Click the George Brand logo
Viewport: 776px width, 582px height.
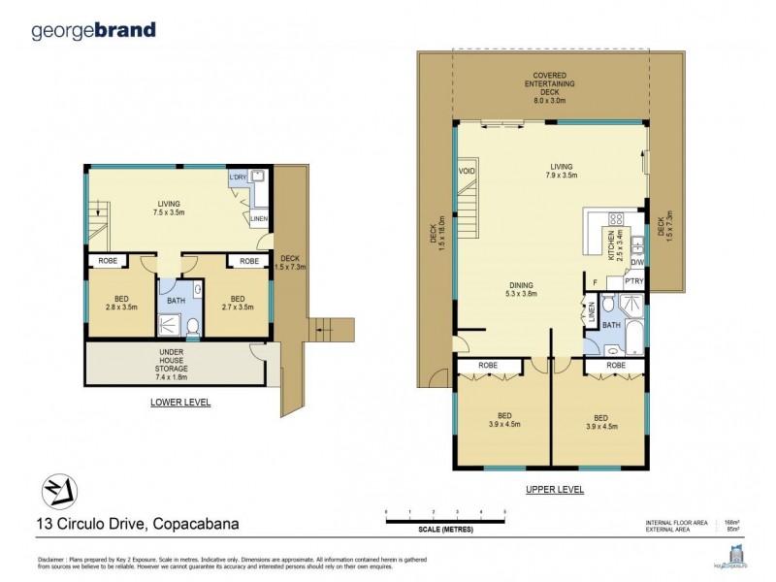pyautogui.click(x=93, y=30)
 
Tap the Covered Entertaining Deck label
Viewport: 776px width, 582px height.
pyautogui.click(x=549, y=87)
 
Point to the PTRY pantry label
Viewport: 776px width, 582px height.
pyautogui.click(x=633, y=281)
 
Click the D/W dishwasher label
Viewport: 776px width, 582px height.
pyautogui.click(x=637, y=261)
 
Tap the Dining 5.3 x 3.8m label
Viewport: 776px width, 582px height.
pyautogui.click(x=521, y=288)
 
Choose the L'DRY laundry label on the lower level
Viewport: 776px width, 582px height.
pyautogui.click(x=237, y=178)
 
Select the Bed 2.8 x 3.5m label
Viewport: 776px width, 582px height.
pyautogui.click(x=121, y=302)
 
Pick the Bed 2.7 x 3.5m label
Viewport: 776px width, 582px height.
pyautogui.click(x=239, y=302)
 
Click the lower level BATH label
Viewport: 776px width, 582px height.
pyautogui.click(x=176, y=301)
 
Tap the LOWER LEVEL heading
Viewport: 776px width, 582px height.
pyautogui.click(x=180, y=402)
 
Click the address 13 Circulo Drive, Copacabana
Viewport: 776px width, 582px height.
pyautogui.click(x=137, y=525)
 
